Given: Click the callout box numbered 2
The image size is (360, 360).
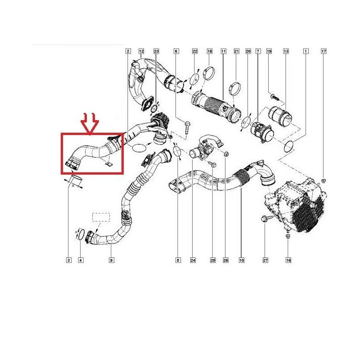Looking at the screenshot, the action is (x=128, y=51).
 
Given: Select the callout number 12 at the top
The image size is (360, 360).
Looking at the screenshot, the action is (x=141, y=51).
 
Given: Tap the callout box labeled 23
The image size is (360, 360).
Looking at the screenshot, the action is (x=156, y=51).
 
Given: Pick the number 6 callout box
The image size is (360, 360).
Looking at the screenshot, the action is (x=176, y=51).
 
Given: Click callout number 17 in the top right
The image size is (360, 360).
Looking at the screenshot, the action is (x=324, y=51).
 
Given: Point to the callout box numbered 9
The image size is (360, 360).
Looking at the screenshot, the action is (x=111, y=260).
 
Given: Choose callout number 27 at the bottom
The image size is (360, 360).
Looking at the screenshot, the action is (x=265, y=260).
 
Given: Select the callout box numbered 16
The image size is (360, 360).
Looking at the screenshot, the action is (x=288, y=260).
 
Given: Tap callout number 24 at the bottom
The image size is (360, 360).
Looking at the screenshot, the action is (x=193, y=260).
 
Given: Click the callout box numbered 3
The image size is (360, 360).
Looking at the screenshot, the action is (x=69, y=260).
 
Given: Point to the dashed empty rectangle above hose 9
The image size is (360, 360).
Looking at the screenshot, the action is (x=101, y=217).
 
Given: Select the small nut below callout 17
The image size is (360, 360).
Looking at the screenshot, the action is (x=324, y=181).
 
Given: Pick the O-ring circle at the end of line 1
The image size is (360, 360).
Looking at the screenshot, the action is (x=289, y=147).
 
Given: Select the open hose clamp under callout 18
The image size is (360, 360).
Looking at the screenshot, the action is (x=209, y=72).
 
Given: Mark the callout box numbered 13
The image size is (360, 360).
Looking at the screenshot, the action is (x=286, y=51).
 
